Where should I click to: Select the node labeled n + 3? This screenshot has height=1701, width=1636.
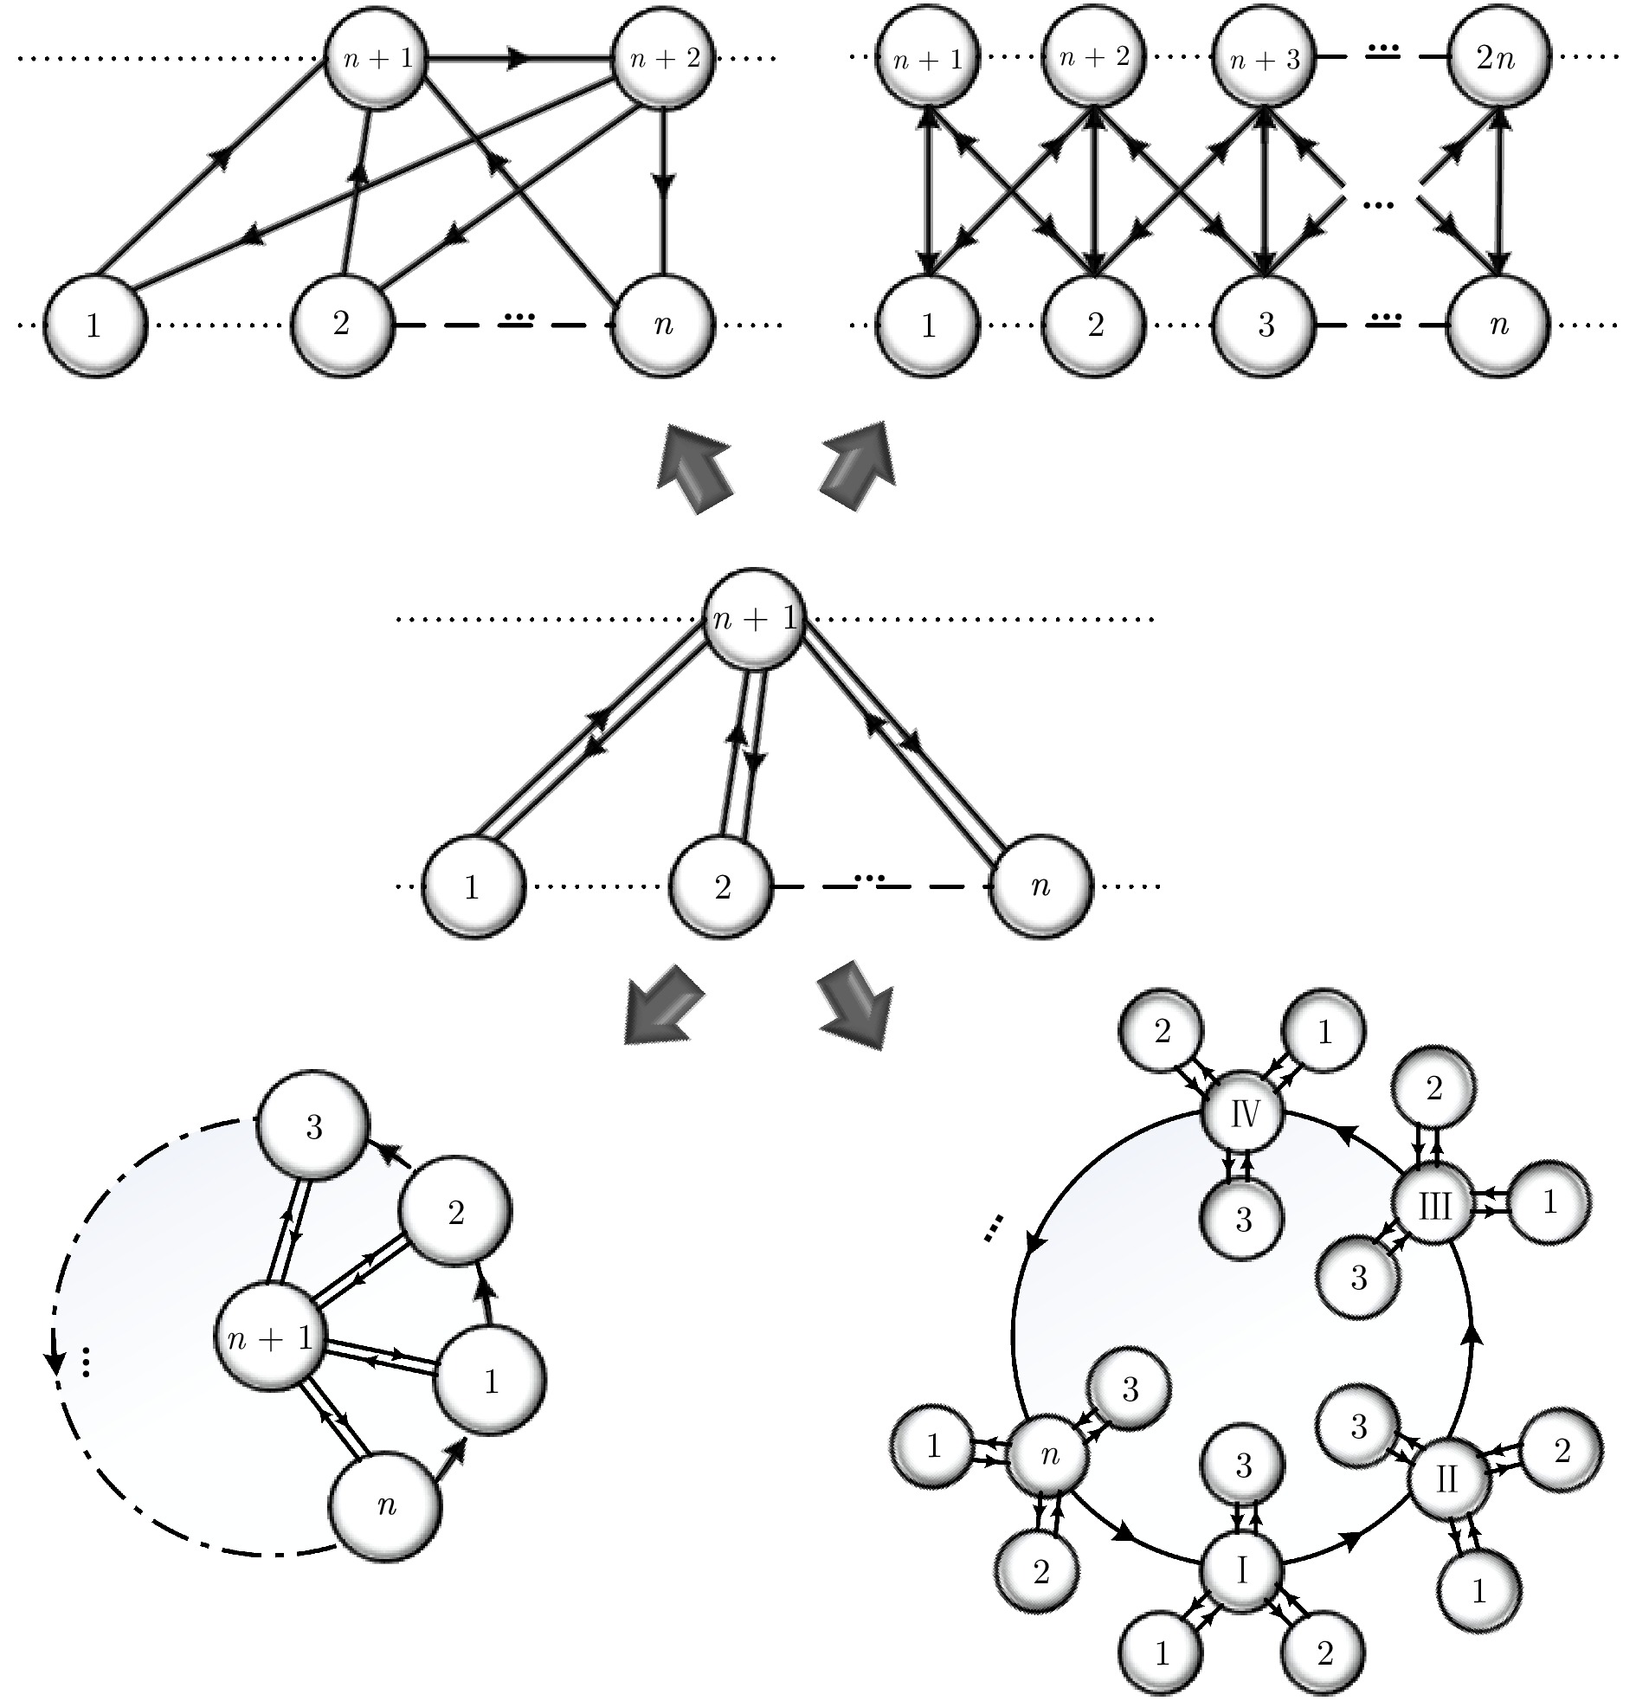(1265, 57)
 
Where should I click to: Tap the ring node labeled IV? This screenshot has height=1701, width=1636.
(1244, 1113)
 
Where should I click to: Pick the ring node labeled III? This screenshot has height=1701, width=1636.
(1433, 1207)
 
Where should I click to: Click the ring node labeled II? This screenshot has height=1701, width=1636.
(1446, 1479)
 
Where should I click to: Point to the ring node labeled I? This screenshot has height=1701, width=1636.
(1242, 1570)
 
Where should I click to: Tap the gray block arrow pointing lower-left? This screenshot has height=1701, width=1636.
(664, 1002)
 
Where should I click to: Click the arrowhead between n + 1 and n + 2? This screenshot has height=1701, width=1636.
(518, 58)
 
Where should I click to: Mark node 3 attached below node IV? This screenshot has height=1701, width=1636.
(1243, 1220)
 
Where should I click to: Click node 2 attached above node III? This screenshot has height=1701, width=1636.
(1433, 1087)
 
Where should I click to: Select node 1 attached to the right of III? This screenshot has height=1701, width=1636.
(1549, 1203)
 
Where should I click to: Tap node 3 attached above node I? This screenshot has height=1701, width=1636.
(1243, 1466)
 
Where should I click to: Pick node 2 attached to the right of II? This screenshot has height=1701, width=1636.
(1562, 1451)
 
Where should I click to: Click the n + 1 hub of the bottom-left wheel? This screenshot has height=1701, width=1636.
(270, 1339)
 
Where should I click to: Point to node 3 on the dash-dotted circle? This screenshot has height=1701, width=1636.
(314, 1126)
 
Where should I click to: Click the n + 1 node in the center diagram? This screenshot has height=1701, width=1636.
(752, 618)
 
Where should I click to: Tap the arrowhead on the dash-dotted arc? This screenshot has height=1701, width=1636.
(56, 1361)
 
